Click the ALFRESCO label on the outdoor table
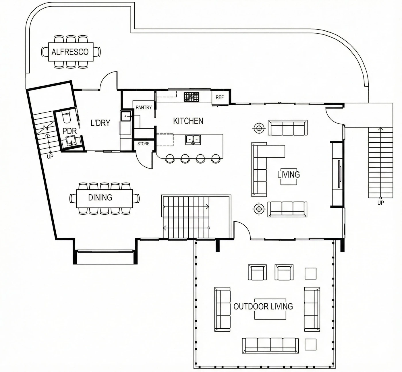point(70,52)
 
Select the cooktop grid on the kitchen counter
point(191,97)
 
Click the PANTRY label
point(144,107)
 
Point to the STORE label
point(143,144)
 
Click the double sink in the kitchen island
point(193,140)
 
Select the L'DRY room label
point(100,123)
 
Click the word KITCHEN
point(188,121)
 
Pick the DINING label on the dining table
point(100,197)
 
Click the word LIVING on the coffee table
point(289,175)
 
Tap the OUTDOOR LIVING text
point(263,307)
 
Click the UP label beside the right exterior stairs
point(380,203)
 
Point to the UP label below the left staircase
point(50,157)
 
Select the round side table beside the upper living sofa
point(259,128)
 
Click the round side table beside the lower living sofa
point(259,209)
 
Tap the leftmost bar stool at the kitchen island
point(170,159)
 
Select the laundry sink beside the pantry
point(126,116)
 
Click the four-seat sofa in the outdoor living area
point(270,346)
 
